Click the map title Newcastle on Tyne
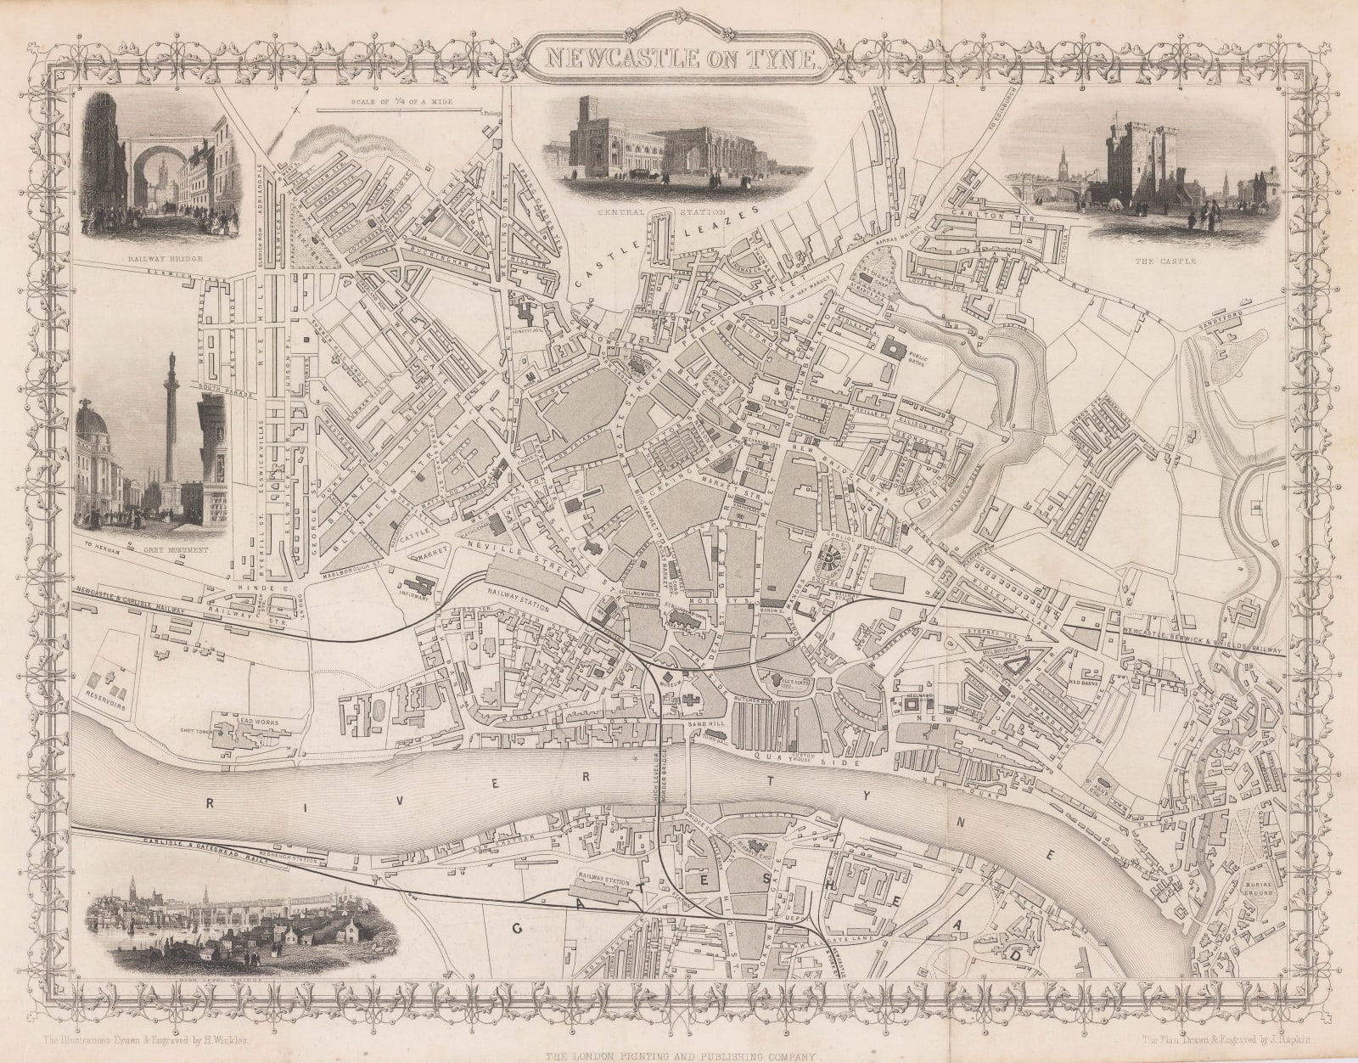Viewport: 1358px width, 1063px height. pos(679,58)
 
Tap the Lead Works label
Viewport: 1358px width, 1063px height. pos(257,718)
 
